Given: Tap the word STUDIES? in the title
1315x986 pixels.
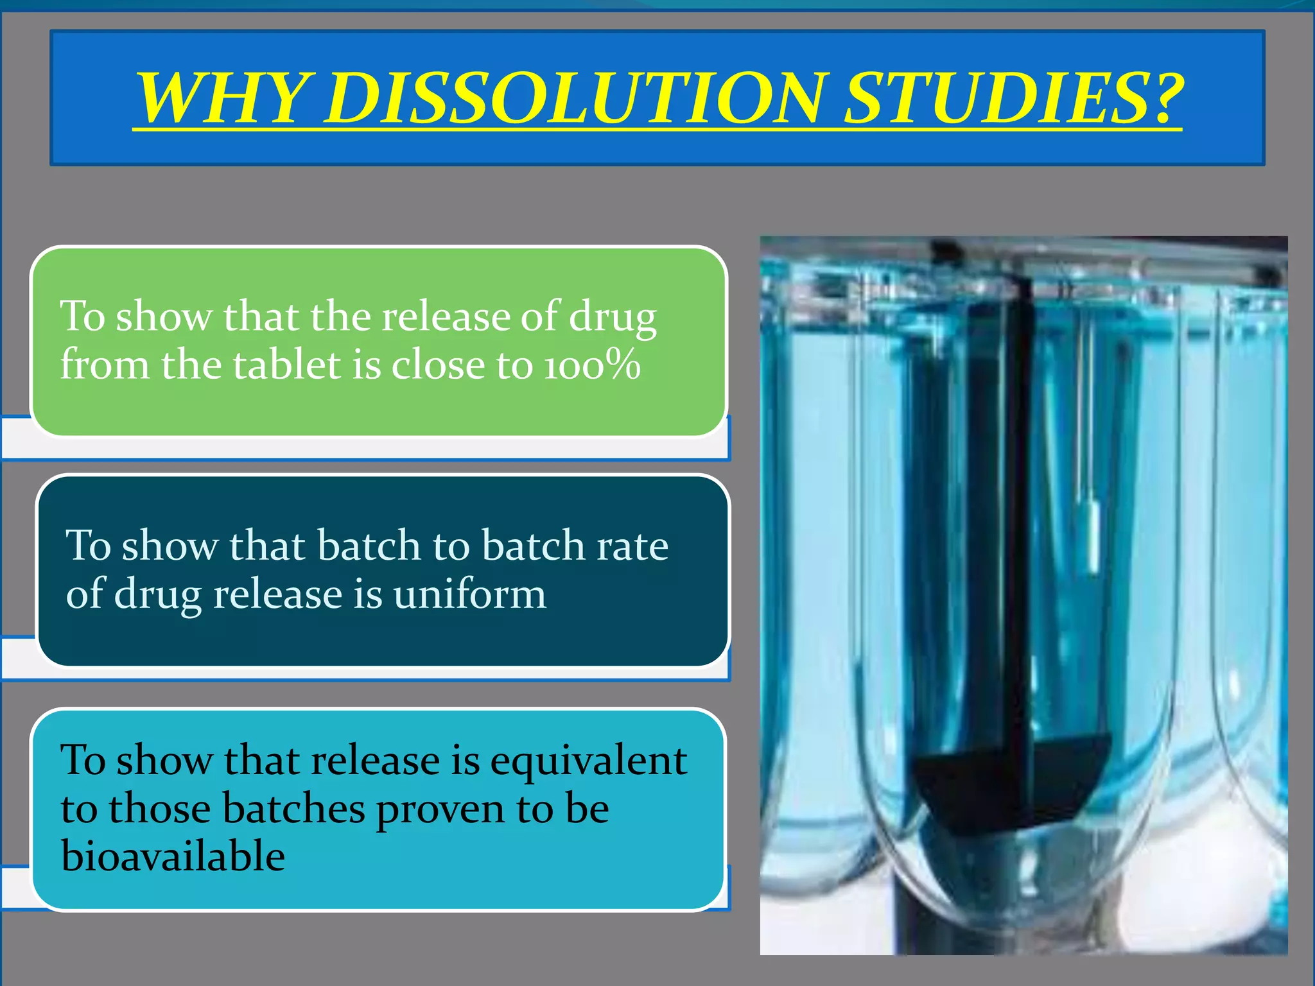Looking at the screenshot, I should [1013, 98].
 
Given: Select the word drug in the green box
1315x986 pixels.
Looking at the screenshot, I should [613, 317].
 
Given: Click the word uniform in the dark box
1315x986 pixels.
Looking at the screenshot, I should [469, 594].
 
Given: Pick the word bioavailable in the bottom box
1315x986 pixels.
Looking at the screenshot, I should [173, 856].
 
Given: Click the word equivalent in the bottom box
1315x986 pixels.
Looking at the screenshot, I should [588, 761].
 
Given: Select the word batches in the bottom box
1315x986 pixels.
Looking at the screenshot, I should [294, 809].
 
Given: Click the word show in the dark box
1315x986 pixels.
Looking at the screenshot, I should [170, 546].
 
